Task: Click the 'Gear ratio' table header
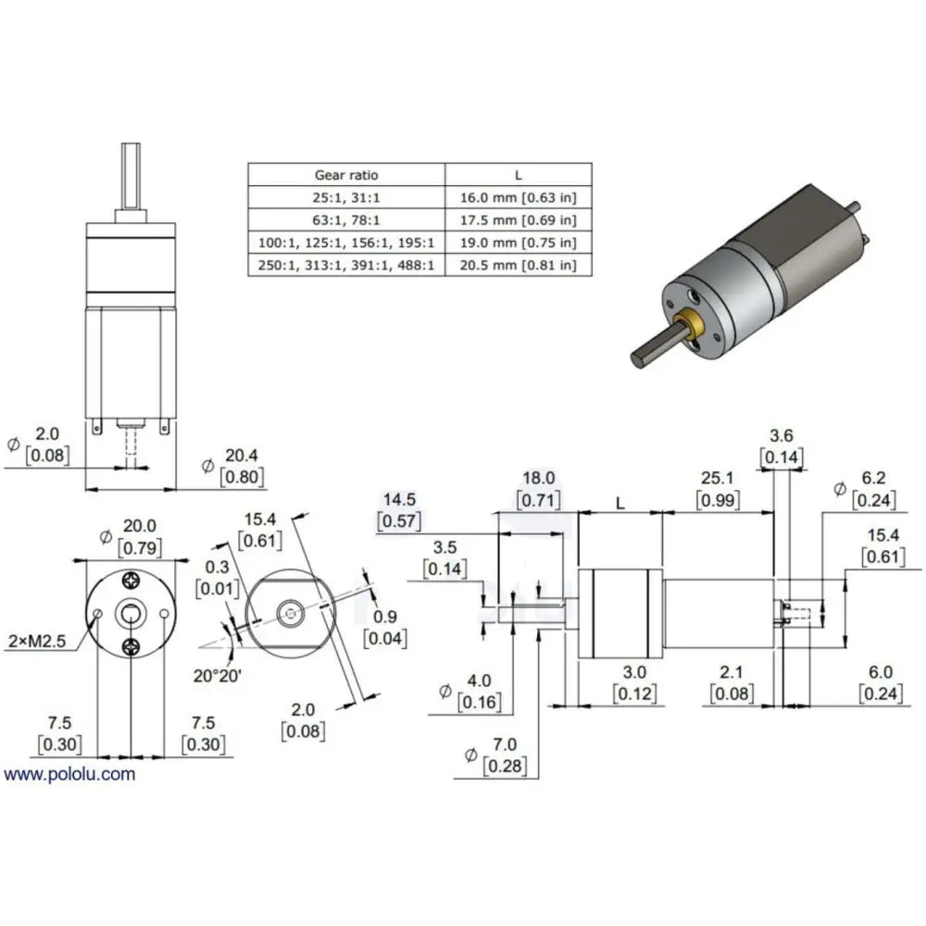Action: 346,175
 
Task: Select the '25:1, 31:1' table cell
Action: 346,197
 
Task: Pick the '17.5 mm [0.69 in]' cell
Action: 518,219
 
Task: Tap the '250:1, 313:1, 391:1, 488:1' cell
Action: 346,265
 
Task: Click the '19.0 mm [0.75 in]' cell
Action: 518,242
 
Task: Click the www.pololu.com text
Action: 69,774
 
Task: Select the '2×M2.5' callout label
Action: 37,641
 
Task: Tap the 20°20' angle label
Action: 218,676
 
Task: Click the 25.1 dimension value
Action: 717,478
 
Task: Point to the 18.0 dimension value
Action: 539,478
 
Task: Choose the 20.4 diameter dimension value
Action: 242,456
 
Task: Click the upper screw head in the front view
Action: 131,582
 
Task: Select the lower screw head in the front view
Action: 131,647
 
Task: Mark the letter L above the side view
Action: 620,504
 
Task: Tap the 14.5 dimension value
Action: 399,500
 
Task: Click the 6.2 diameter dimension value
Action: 873,478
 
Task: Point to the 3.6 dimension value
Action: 781,436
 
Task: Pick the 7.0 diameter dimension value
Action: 505,745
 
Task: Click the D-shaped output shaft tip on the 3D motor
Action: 638,358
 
